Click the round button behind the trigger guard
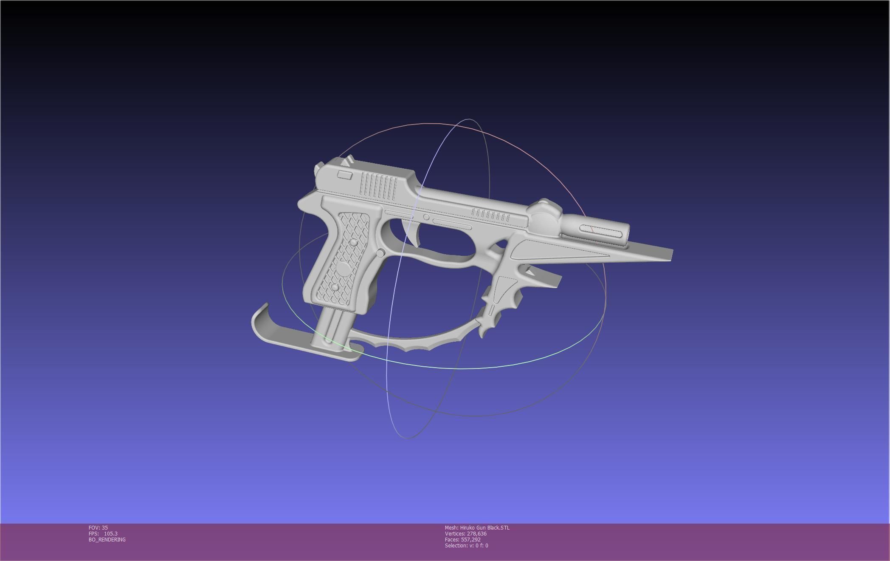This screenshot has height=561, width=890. (x=380, y=253)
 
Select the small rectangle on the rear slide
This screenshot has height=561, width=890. (x=344, y=175)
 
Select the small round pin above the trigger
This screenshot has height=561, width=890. (x=426, y=218)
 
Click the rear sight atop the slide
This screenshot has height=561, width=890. (x=348, y=161)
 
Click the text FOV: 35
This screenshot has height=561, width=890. (x=98, y=528)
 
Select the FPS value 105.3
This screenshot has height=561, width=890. (x=110, y=534)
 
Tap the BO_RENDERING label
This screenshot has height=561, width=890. (x=107, y=540)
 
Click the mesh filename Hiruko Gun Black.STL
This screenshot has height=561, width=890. (x=484, y=528)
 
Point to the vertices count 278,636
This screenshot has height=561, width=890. (x=476, y=534)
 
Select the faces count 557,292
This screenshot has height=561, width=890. (x=470, y=540)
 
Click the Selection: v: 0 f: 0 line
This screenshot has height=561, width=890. (x=466, y=546)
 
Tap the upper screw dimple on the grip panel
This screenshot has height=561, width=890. (x=353, y=243)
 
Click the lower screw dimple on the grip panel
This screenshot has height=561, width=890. (x=335, y=288)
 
